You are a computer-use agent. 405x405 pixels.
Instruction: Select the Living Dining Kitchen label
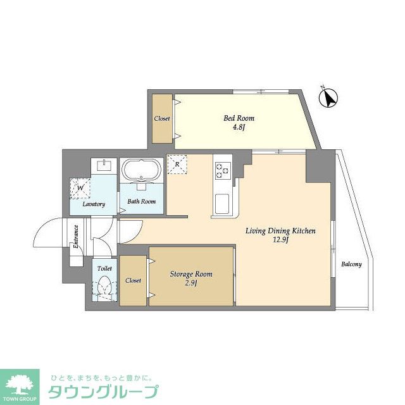click(280, 231)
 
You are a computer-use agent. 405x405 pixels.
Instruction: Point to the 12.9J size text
click(280, 241)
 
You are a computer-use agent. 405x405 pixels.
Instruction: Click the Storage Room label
click(191, 274)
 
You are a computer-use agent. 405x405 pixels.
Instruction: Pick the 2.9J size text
click(190, 284)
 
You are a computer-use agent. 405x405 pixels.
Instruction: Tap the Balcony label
click(351, 265)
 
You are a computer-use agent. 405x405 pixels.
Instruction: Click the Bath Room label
click(142, 202)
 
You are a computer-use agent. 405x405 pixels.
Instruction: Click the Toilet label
click(104, 268)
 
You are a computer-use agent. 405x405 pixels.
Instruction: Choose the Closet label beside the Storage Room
click(134, 280)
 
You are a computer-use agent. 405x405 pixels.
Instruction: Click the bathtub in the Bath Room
click(142, 171)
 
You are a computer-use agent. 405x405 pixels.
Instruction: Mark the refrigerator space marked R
click(178, 164)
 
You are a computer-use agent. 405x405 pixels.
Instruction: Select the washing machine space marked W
click(80, 187)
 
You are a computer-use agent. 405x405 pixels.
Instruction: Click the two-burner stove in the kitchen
click(222, 169)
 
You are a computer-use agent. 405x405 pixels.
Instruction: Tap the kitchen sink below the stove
click(222, 204)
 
